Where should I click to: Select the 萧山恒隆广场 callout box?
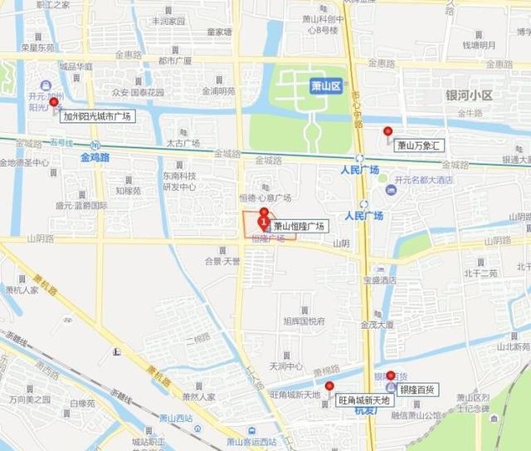[300, 226]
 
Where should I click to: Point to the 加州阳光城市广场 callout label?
[97, 116]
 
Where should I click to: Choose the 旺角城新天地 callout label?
[366, 400]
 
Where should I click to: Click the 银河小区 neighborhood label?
[469, 96]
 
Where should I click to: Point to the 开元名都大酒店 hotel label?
[423, 179]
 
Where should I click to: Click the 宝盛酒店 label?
[380, 280]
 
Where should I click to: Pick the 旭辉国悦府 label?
[304, 321]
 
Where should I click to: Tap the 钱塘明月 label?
[479, 45]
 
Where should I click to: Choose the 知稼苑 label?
[128, 190]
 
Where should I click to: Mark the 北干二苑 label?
[480, 272]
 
